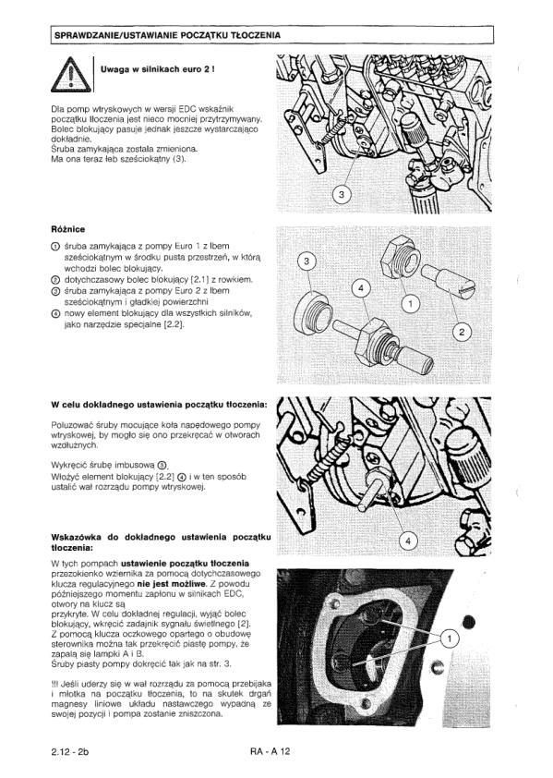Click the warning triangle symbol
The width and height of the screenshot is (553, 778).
pyautogui.click(x=71, y=75)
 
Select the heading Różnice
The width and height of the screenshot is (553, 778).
pyautogui.click(x=68, y=229)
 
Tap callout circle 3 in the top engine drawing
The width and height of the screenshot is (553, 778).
pyautogui.click(x=342, y=194)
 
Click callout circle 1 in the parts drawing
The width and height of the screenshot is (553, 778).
pyautogui.click(x=411, y=304)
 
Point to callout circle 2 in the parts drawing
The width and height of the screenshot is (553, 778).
pyautogui.click(x=463, y=333)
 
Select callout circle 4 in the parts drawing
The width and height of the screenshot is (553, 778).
pyautogui.click(x=361, y=288)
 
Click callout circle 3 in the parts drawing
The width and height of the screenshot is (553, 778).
pyautogui.click(x=307, y=262)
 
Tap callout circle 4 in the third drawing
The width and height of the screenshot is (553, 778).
pyautogui.click(x=408, y=541)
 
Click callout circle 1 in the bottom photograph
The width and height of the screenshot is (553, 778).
pyautogui.click(x=450, y=639)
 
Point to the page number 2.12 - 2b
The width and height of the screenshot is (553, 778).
pyautogui.click(x=69, y=751)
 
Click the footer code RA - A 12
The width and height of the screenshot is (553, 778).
pyautogui.click(x=270, y=751)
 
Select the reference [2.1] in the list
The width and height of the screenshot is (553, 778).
pyautogui.click(x=200, y=280)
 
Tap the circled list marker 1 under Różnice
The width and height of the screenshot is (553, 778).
pyautogui.click(x=55, y=247)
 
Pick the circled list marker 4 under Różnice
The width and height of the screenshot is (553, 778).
pyautogui.click(x=55, y=314)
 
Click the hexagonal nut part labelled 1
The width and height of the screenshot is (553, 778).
pyautogui.click(x=401, y=257)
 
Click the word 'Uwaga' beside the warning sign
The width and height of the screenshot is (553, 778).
pyautogui.click(x=114, y=69)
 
